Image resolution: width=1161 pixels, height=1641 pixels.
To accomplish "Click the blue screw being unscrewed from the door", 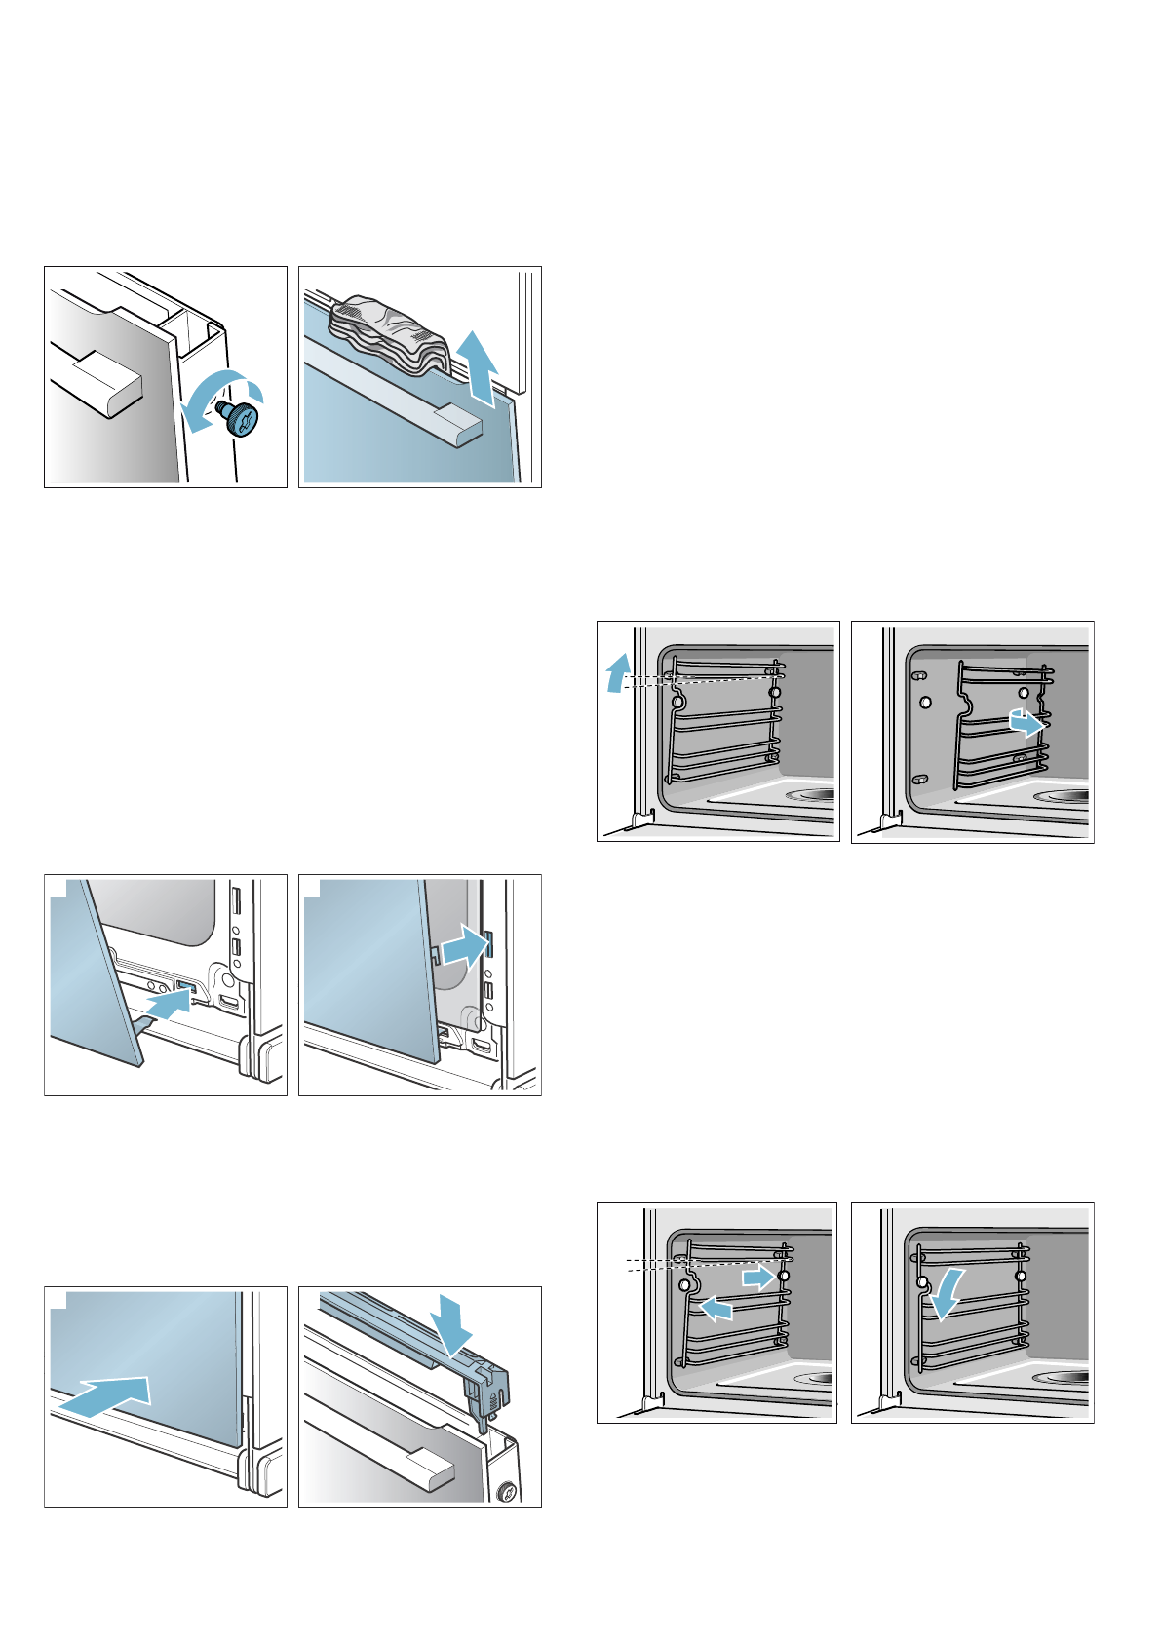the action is (241, 416).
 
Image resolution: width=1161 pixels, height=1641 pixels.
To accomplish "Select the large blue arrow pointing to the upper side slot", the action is (463, 947).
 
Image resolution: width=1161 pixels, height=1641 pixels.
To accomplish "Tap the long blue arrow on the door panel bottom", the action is (107, 1395).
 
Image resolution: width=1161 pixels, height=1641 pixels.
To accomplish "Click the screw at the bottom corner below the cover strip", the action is (507, 1490).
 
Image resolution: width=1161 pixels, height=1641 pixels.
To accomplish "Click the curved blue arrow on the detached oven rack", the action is (1026, 724).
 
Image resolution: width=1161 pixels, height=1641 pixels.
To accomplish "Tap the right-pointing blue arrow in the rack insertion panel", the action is (758, 1277).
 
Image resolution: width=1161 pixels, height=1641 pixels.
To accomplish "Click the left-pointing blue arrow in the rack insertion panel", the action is (716, 1309).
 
